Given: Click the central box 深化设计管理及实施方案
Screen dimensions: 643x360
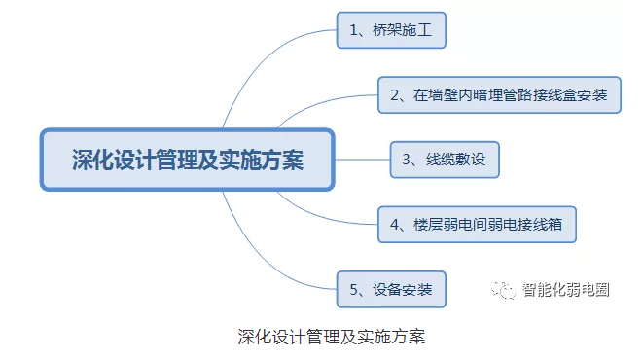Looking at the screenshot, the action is click(x=188, y=160).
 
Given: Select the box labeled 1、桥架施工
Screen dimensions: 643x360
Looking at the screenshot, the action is click(x=391, y=30).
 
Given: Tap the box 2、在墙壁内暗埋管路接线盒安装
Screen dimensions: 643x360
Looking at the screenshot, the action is click(x=499, y=94).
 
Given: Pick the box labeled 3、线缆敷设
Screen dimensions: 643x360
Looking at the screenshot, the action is click(x=445, y=160).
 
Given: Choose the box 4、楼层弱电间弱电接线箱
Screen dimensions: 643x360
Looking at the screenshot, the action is click(x=477, y=225).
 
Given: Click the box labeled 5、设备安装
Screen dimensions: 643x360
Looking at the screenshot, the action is click(x=391, y=289).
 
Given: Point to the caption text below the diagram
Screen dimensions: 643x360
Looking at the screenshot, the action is click(x=332, y=337).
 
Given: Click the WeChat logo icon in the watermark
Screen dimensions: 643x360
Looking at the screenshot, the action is click(x=503, y=290).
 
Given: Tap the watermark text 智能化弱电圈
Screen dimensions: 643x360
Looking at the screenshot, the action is click(x=566, y=290).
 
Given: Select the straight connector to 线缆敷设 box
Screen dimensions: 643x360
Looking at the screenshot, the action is click(x=363, y=160).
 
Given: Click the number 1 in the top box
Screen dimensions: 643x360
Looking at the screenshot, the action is click(x=353, y=30).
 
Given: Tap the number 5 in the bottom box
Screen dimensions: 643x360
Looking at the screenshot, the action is click(x=354, y=290).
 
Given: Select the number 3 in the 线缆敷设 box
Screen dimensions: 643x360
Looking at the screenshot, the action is click(x=407, y=160).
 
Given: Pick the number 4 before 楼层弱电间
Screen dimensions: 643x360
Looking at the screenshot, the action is click(x=395, y=225).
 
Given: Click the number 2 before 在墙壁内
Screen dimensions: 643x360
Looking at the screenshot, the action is click(x=395, y=95).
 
